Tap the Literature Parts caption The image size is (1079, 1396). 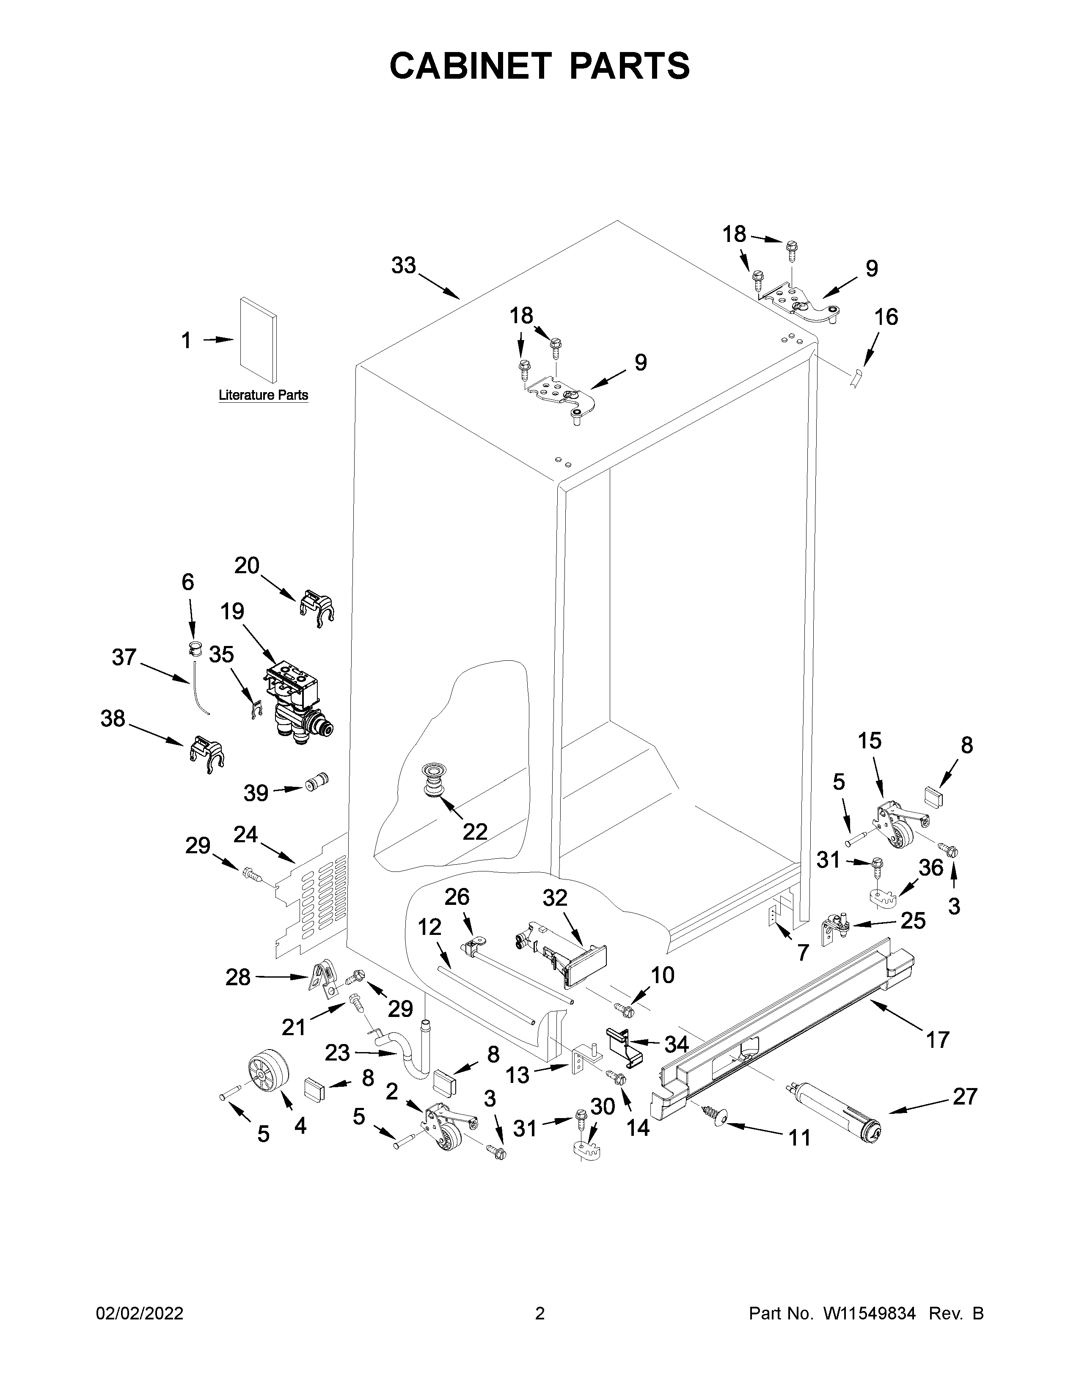(263, 395)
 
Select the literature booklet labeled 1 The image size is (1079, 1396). (258, 342)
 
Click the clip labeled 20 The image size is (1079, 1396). (317, 606)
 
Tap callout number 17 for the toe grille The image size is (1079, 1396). (937, 1040)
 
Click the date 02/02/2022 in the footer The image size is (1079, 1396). (139, 1314)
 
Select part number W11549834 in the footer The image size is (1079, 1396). (870, 1314)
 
